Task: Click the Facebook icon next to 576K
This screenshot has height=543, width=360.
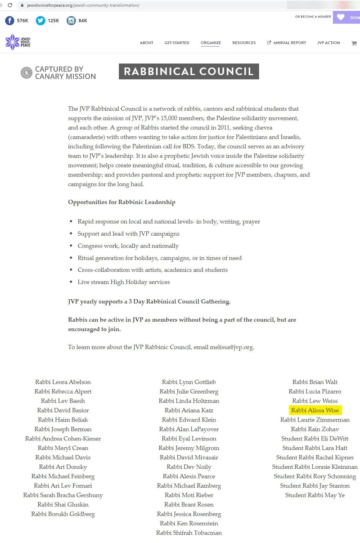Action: pyautogui.click(x=9, y=21)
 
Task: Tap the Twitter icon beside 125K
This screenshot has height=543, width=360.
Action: pyautogui.click(x=40, y=21)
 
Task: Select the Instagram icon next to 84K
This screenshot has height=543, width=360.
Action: pyautogui.click(x=71, y=21)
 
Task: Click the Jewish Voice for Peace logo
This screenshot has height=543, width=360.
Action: pyautogui.click(x=18, y=42)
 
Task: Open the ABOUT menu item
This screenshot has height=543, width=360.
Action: pyautogui.click(x=146, y=43)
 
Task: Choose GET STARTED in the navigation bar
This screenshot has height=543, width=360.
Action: pyautogui.click(x=177, y=43)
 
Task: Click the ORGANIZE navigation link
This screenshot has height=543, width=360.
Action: pyautogui.click(x=211, y=43)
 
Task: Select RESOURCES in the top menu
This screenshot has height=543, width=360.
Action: pyautogui.click(x=244, y=43)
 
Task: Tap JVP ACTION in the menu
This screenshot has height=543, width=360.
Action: pyautogui.click(x=328, y=43)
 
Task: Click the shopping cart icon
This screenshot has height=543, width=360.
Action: pyautogui.click(x=354, y=43)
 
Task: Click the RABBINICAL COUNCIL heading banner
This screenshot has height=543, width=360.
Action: pyautogui.click(x=189, y=72)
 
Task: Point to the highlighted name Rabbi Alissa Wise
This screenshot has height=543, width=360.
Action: pyautogui.click(x=315, y=410)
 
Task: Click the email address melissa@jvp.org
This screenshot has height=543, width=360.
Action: pyautogui.click(x=231, y=347)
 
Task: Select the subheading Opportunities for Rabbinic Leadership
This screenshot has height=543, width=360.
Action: pyautogui.click(x=121, y=202)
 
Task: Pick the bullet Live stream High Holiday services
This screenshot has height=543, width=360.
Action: pyautogui.click(x=123, y=282)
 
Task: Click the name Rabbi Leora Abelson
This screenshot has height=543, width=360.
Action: pyautogui.click(x=63, y=382)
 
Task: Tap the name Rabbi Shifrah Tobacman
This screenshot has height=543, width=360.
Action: pyautogui.click(x=189, y=533)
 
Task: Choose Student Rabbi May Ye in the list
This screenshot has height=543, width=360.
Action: pyautogui.click(x=315, y=495)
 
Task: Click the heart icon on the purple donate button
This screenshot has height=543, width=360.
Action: pyautogui.click(x=341, y=18)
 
